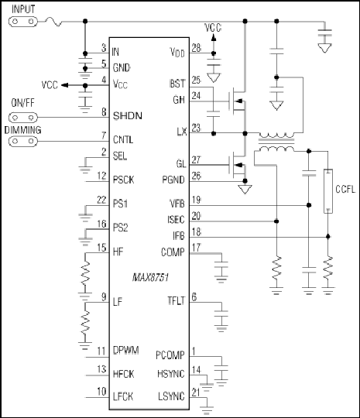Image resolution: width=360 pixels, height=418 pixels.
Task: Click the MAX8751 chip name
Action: pyautogui.click(x=151, y=278)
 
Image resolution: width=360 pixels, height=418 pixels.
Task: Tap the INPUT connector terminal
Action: pyautogui.click(x=23, y=22)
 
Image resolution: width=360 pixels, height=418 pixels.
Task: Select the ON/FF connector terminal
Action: pyautogui.click(x=23, y=118)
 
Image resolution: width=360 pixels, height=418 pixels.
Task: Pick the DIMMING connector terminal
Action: pyautogui.click(x=23, y=141)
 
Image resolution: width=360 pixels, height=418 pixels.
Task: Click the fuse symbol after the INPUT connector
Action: pyautogui.click(x=54, y=22)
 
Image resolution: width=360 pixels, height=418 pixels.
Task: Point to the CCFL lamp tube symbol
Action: pyautogui.click(x=328, y=191)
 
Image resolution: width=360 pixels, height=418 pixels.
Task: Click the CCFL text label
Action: pyautogui.click(x=345, y=190)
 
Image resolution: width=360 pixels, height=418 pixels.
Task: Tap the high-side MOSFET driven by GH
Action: pyautogui.click(x=237, y=101)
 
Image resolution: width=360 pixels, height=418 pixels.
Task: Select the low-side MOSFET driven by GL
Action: pyautogui.click(x=237, y=166)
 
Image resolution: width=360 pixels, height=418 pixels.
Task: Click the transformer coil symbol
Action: pyautogui.click(x=276, y=142)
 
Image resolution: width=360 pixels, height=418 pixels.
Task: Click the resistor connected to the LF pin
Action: pyautogui.click(x=85, y=322)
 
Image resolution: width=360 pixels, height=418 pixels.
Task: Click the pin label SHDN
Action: pyautogui.click(x=128, y=116)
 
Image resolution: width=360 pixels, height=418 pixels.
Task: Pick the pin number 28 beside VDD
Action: pyautogui.click(x=197, y=48)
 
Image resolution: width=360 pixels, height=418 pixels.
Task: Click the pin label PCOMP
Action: pyautogui.click(x=170, y=355)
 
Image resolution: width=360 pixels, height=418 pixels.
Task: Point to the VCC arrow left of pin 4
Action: pyautogui.click(x=65, y=85)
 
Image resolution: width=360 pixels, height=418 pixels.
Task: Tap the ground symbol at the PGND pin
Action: pyautogui.click(x=245, y=190)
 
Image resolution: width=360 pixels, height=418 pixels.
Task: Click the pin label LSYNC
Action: pyautogui.click(x=171, y=396)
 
